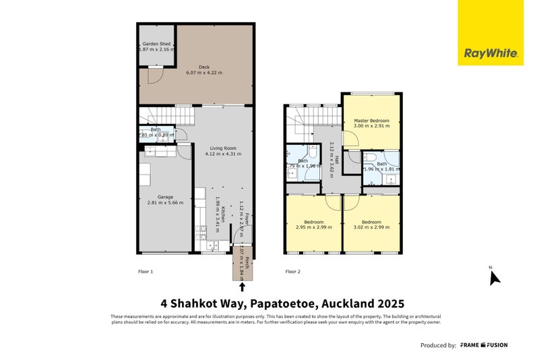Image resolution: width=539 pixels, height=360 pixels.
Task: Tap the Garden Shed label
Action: coord(157,43)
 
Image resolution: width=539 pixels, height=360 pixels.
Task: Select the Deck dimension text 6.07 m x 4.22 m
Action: coord(204,73)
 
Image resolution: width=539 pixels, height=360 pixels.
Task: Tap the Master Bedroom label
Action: coord(372,120)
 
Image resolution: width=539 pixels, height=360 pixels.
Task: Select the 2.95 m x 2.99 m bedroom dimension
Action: coord(314,227)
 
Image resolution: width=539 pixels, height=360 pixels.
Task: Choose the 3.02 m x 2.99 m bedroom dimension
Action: coord(372,227)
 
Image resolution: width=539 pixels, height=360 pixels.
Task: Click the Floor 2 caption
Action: coord(292,272)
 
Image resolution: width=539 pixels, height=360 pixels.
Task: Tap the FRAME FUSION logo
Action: coord(484,345)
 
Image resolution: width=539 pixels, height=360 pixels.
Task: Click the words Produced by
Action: coord(438,345)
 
